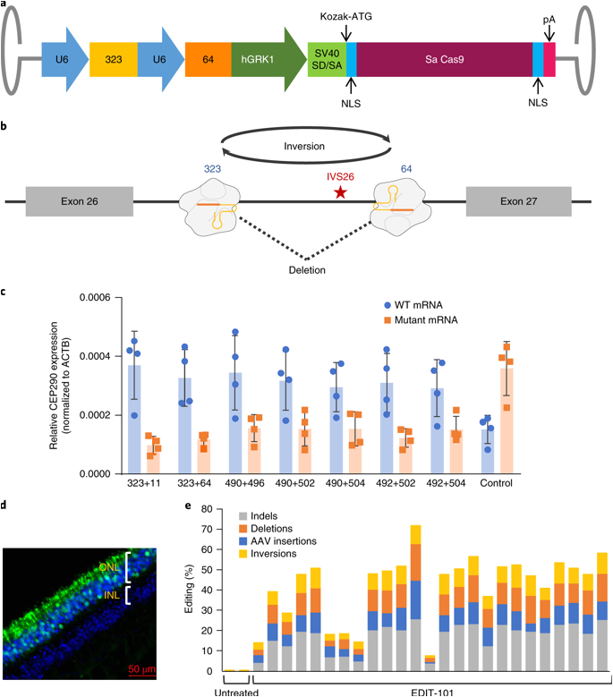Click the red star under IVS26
340,194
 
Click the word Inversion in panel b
304,146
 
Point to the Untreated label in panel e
233,690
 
